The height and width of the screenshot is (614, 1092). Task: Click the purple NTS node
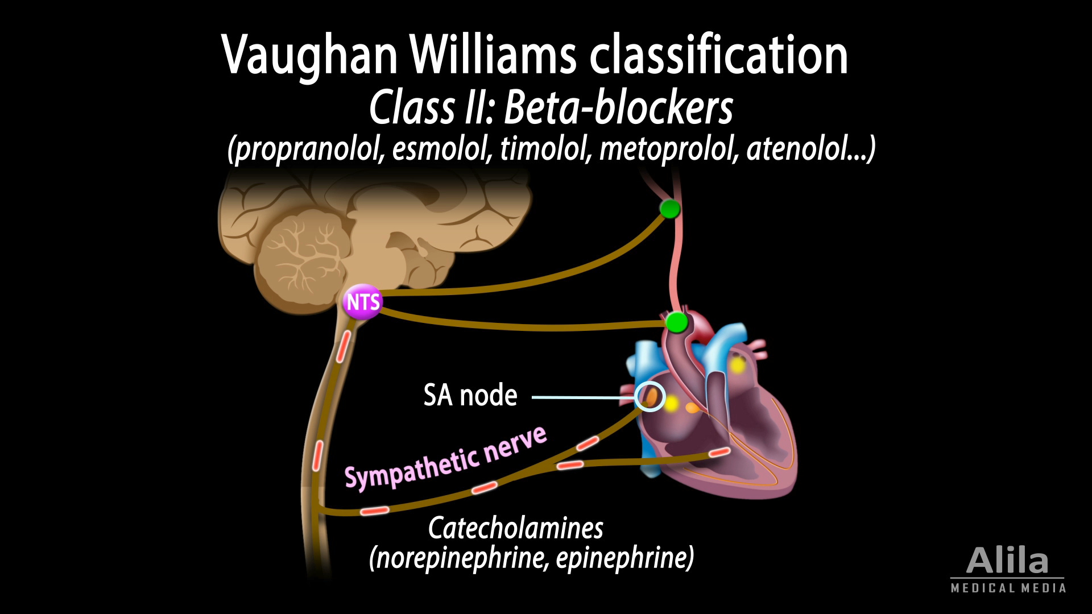363,302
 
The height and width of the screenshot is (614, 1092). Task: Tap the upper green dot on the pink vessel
670,209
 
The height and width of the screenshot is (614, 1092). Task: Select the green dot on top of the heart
676,322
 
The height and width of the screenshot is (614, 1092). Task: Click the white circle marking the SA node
650,396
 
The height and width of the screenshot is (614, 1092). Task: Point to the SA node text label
470,395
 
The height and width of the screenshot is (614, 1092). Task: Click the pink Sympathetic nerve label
445,459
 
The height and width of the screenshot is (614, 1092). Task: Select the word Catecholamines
515,528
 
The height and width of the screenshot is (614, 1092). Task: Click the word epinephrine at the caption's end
622,558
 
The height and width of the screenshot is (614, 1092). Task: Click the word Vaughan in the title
310,56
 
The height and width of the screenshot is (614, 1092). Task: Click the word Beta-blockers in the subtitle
618,107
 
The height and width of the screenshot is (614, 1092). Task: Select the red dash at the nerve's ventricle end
719,452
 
